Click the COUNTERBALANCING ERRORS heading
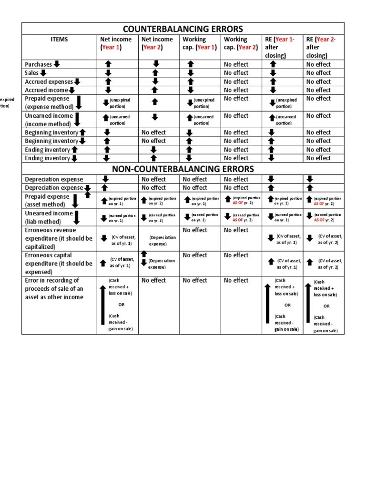click(183, 29)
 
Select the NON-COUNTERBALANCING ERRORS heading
click(183, 169)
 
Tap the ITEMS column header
click(59, 40)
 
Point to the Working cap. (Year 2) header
click(241, 43)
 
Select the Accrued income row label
click(47, 90)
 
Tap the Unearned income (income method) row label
click(49, 120)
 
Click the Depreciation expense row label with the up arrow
click(54, 188)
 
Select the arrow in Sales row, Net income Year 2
click(155, 73)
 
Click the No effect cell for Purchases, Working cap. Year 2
click(236, 64)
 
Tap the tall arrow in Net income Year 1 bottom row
click(103, 305)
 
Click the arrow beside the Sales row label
click(43, 73)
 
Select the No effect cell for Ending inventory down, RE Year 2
click(318, 158)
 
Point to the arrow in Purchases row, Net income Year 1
click(108, 64)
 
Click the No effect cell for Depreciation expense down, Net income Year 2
click(153, 188)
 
